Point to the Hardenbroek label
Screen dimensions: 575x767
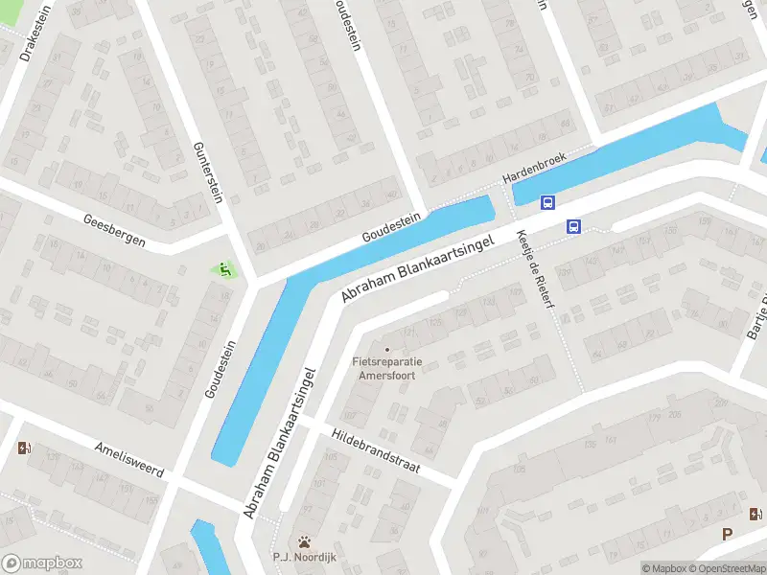pos(536,169)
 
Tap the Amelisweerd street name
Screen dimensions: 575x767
pos(129,461)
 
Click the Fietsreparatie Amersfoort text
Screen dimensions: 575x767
pos(388,369)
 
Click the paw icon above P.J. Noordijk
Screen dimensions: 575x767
pos(305,541)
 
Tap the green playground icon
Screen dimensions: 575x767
pos(225,270)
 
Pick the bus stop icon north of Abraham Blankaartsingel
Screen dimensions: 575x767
pos(547,202)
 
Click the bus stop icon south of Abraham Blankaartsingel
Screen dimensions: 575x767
pos(573,227)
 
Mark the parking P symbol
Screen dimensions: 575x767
pos(728,535)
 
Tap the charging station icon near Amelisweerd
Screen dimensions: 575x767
pos(24,448)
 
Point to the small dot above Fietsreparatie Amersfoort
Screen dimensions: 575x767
pos(387,349)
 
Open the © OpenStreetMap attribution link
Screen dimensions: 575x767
pos(728,568)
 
